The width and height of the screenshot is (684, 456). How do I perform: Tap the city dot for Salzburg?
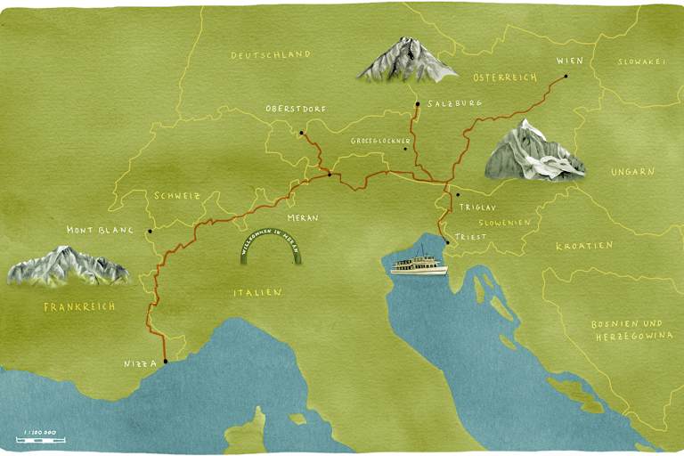416,104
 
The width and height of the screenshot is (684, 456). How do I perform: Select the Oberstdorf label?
296,110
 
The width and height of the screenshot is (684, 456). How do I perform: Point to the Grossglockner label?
380,142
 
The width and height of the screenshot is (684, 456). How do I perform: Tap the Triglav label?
476,206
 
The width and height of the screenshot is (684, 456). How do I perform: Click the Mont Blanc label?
100,230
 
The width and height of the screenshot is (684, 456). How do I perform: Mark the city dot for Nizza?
166,361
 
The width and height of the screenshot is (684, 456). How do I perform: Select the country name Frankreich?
79,306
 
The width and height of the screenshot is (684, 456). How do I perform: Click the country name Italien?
257,292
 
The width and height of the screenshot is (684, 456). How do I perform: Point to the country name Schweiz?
177,195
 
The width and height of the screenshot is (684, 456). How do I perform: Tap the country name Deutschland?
271,54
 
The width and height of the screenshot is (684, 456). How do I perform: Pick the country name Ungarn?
632,171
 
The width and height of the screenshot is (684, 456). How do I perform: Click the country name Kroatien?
584,245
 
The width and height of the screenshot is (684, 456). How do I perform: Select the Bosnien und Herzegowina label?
628,330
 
